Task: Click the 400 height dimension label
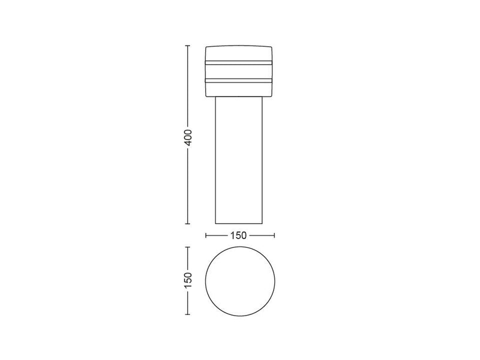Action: pos(187,138)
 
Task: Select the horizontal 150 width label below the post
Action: pos(239,235)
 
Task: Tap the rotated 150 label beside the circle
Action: pos(187,280)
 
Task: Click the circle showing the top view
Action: pos(240,280)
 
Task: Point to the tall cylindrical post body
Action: pos(240,162)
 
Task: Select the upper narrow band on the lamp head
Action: pos(240,62)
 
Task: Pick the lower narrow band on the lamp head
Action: pos(240,80)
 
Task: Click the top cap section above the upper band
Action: pos(240,53)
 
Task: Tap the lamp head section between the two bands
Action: pos(240,71)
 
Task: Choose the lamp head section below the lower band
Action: pos(240,89)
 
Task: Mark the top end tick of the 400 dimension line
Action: pos(187,45)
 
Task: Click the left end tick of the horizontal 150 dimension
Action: pos(206,235)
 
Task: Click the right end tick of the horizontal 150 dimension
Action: pos(274,235)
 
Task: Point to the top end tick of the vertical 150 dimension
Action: pos(187,247)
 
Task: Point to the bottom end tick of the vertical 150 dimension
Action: pos(187,314)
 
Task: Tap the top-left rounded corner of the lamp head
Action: pos(207,47)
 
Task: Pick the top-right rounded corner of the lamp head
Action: pos(273,47)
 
